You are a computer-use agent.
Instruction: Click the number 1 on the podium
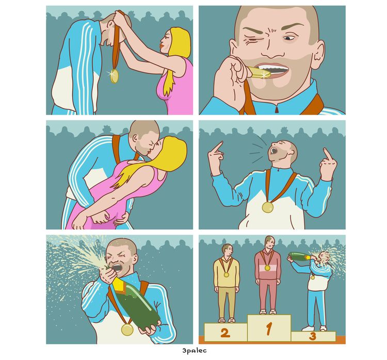269,328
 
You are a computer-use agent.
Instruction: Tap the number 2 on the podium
224,333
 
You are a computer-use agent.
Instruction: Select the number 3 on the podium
313,336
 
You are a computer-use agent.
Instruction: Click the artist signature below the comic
195,350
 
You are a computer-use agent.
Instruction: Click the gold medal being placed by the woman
114,76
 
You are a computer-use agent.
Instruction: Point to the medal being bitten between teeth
259,73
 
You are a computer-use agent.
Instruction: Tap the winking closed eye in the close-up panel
252,39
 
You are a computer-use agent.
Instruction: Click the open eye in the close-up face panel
288,38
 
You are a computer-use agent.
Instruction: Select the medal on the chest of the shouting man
267,207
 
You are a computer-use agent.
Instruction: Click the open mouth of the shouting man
273,150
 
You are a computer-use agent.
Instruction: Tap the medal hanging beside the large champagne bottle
127,330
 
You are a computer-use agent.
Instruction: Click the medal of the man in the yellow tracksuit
226,274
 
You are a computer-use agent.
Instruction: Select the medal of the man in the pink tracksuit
267,268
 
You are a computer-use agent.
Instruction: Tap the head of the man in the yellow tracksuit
228,251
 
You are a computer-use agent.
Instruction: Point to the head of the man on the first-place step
269,243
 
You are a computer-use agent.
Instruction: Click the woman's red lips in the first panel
162,45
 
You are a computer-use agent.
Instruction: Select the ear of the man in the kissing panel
135,137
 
